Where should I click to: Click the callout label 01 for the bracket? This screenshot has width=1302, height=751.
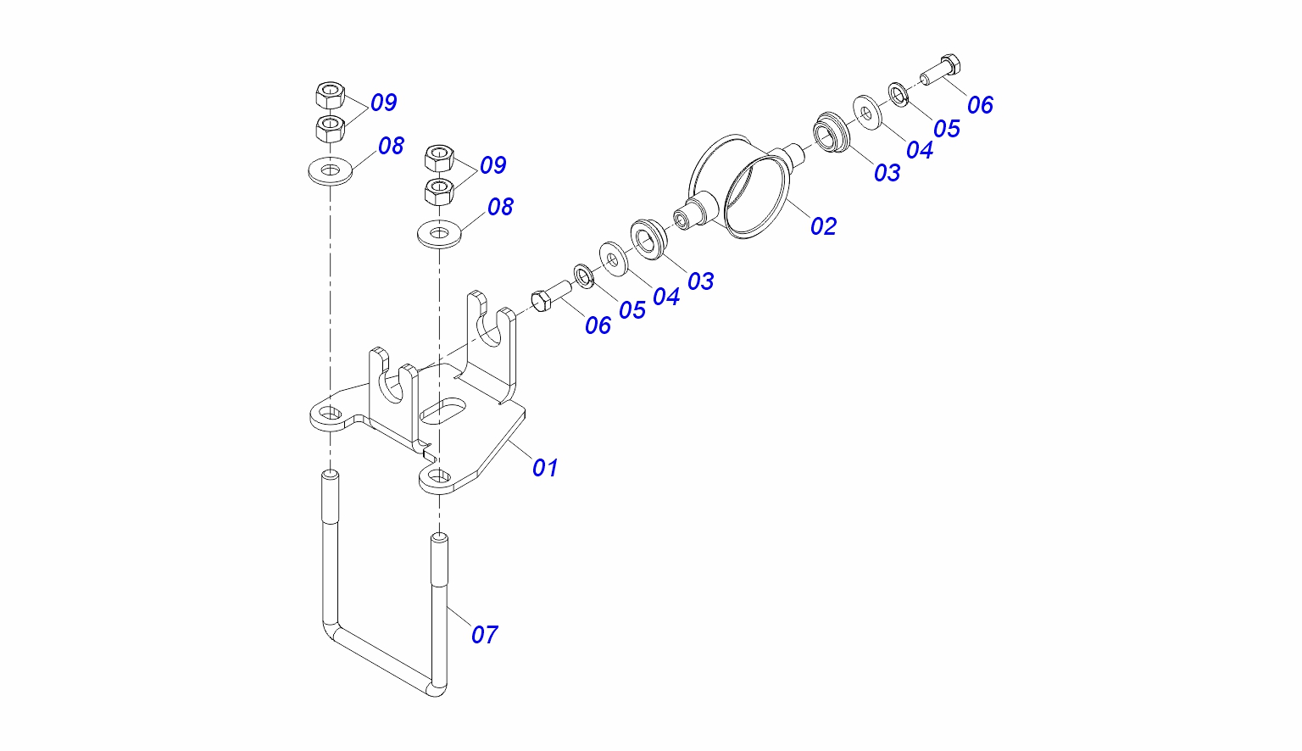[545, 468]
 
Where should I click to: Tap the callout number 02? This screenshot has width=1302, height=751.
[823, 226]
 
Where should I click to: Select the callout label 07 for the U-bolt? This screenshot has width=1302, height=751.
[484, 635]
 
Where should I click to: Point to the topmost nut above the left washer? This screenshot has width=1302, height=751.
[330, 95]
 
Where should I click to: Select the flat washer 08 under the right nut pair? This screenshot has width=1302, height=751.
[440, 234]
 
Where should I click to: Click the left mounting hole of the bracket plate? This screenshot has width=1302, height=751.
[330, 414]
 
